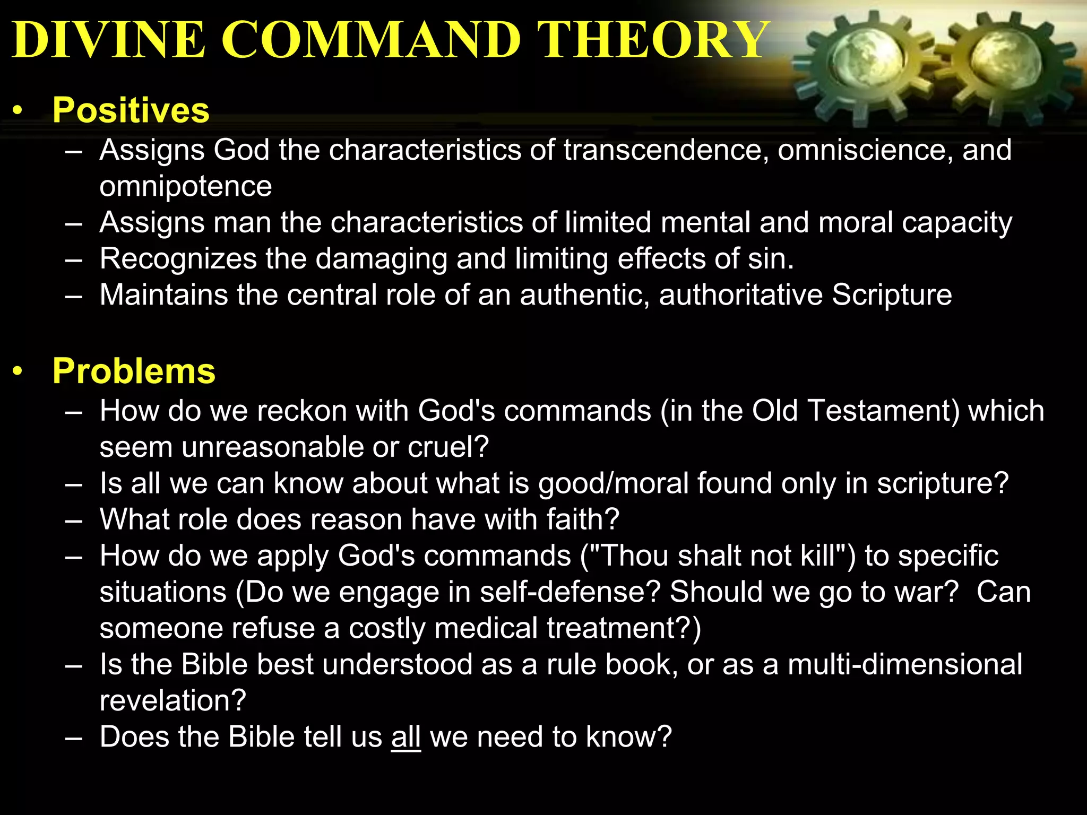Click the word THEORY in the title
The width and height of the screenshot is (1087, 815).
point(653,40)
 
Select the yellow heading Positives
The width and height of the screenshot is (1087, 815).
point(131,110)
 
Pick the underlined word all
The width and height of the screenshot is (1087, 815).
point(406,737)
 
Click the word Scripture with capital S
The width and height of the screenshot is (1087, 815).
point(892,295)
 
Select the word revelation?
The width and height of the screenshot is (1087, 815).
point(173,701)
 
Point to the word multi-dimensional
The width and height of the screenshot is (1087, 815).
point(904,665)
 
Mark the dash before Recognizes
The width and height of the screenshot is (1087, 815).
point(74,259)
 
